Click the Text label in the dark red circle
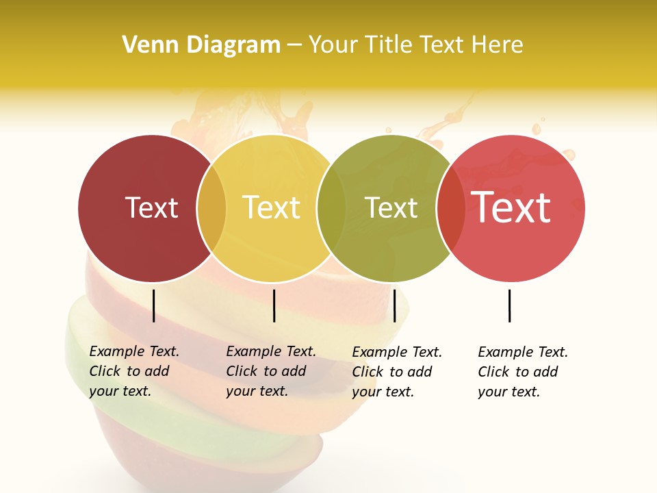[x=151, y=207]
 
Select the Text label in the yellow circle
[x=271, y=207]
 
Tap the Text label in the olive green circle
[x=391, y=207]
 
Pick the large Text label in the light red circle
[x=511, y=207]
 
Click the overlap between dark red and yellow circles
[x=211, y=208]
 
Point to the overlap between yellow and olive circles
[x=331, y=208]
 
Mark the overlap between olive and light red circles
[x=451, y=208]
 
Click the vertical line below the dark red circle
[x=154, y=305]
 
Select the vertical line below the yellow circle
[x=274, y=305]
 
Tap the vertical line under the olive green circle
[x=394, y=305]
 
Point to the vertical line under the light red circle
[x=510, y=305]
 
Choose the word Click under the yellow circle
[x=241, y=371]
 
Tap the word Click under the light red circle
[x=493, y=372]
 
